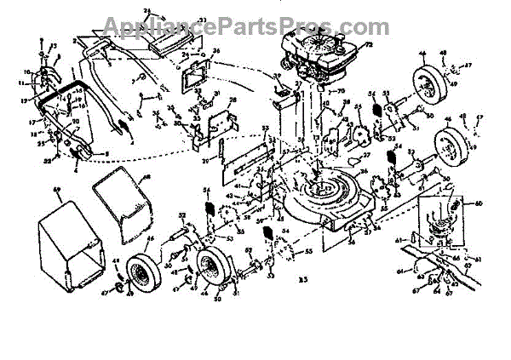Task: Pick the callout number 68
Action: tap(146, 178)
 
